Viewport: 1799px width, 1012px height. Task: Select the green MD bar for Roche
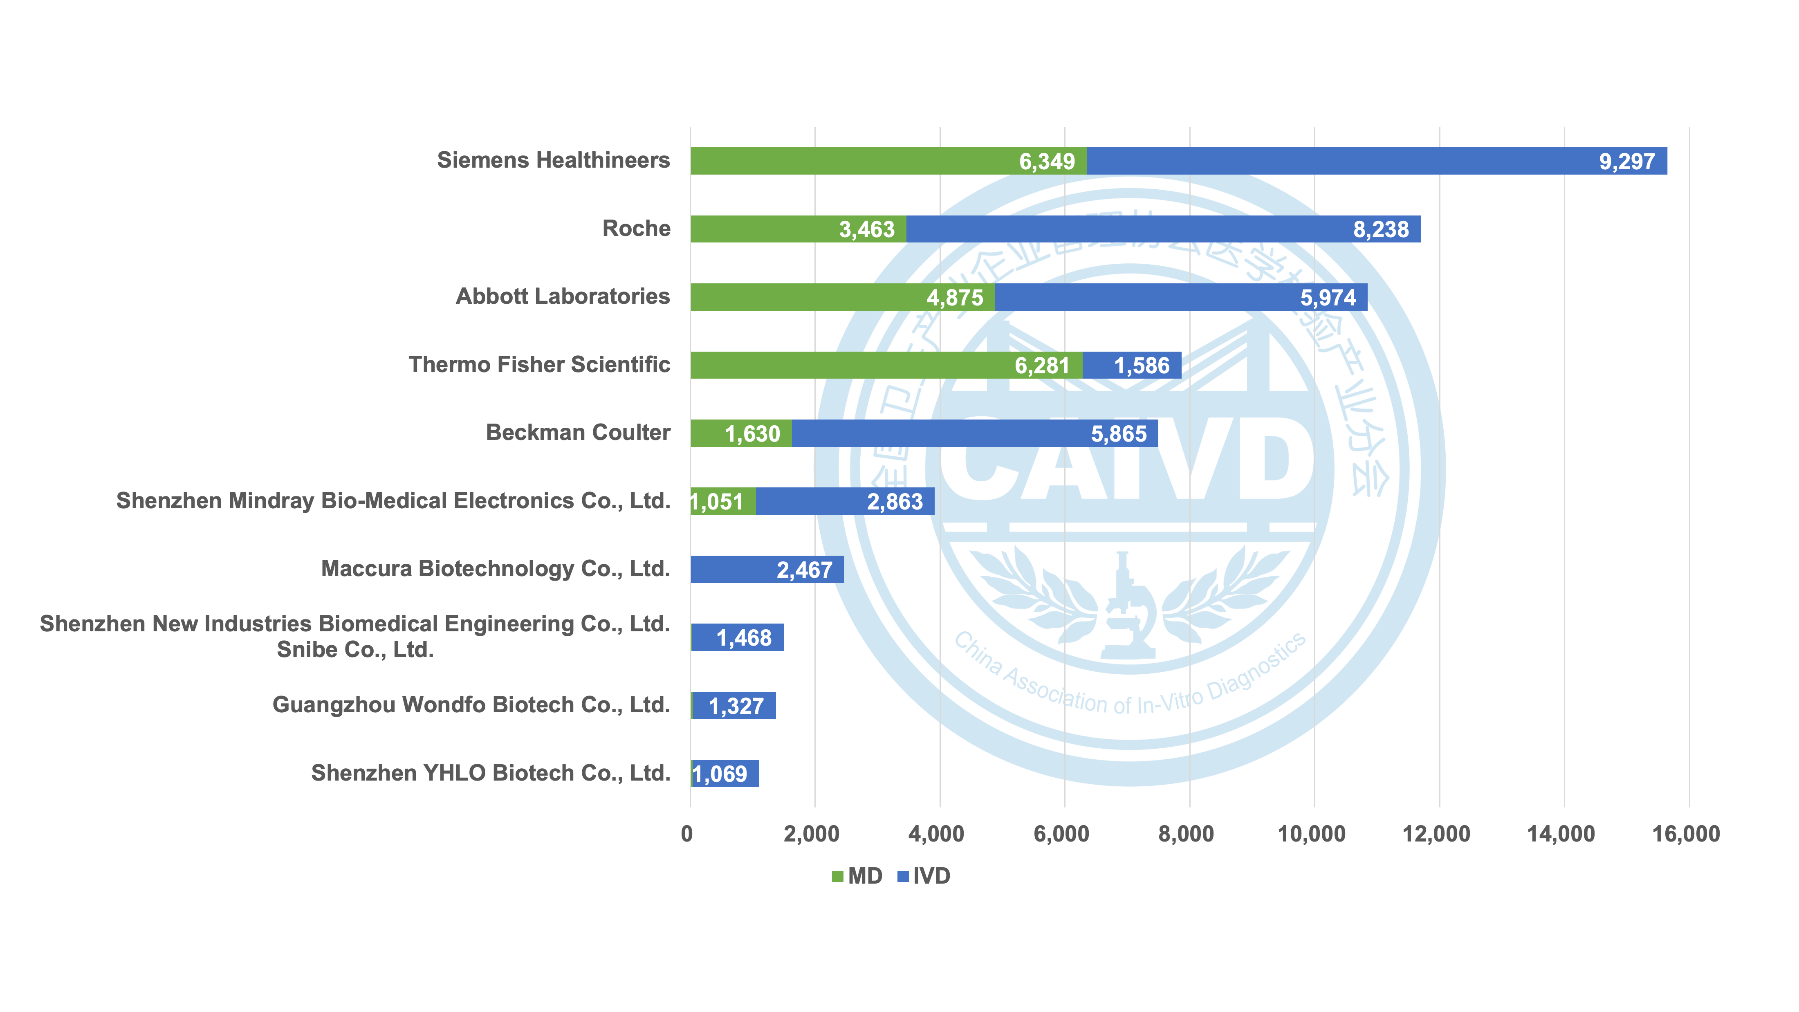click(x=798, y=229)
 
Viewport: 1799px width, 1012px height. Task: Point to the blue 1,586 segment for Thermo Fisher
click(x=1131, y=365)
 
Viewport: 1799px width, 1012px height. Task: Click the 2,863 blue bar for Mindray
click(x=845, y=501)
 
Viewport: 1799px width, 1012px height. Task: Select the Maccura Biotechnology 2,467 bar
click(x=767, y=569)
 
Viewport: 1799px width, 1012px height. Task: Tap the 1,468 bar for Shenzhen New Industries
click(x=738, y=637)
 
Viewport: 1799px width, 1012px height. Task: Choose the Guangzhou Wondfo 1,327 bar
click(x=734, y=705)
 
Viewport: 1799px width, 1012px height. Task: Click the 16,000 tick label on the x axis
click(x=1686, y=834)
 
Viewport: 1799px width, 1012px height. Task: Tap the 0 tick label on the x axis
click(x=687, y=834)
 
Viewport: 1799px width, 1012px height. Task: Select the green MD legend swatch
click(x=837, y=877)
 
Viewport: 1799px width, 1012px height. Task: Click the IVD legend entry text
click(x=932, y=877)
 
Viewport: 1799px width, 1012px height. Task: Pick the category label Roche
click(x=636, y=229)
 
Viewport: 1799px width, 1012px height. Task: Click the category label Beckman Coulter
click(x=578, y=432)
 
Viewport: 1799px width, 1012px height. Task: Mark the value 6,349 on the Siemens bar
click(x=1046, y=162)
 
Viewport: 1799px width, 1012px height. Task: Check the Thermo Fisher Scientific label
click(x=539, y=365)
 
